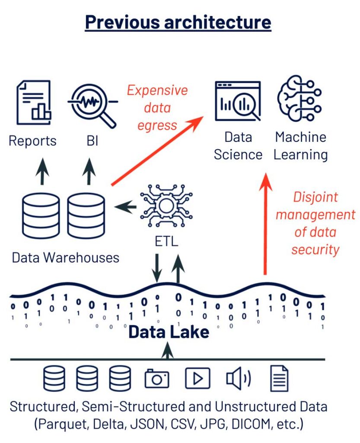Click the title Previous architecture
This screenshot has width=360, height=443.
178,22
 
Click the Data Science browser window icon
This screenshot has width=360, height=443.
238,101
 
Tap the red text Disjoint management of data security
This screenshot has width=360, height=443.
315,223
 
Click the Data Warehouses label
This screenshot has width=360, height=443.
65,258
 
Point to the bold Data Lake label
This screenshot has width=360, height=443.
169,332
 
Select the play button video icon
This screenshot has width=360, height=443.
198,379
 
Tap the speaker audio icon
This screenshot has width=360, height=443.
238,378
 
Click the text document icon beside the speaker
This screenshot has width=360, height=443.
279,378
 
